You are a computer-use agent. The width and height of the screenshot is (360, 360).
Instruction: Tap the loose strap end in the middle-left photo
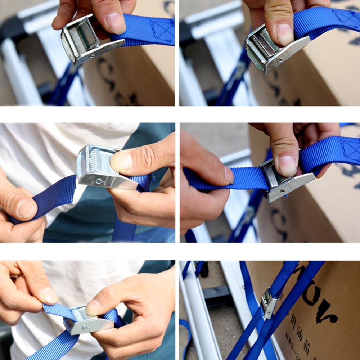[x=54, y=196]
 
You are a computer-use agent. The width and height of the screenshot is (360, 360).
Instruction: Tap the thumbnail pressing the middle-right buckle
[x=288, y=165]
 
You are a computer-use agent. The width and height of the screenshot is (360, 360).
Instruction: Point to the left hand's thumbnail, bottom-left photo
[x=48, y=295]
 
